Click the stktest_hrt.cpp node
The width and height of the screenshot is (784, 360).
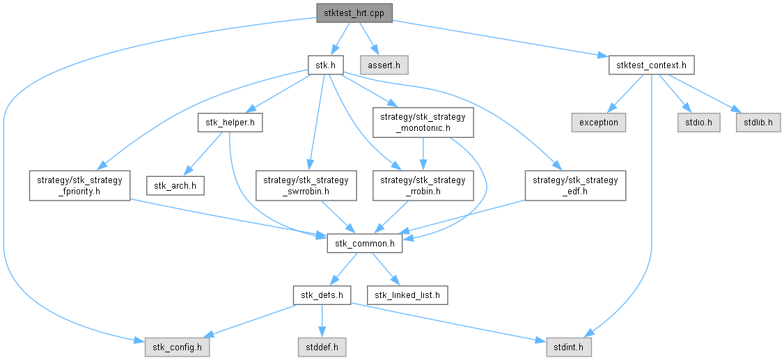point(354,13)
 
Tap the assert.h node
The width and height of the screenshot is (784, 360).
point(384,66)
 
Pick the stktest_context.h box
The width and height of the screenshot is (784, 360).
point(651,66)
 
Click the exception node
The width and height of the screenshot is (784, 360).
point(598,122)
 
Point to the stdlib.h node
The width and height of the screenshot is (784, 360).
point(758,122)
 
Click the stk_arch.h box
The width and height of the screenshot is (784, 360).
point(175,186)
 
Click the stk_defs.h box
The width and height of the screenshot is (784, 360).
point(322,295)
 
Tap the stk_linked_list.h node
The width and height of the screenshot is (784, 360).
point(407,295)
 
